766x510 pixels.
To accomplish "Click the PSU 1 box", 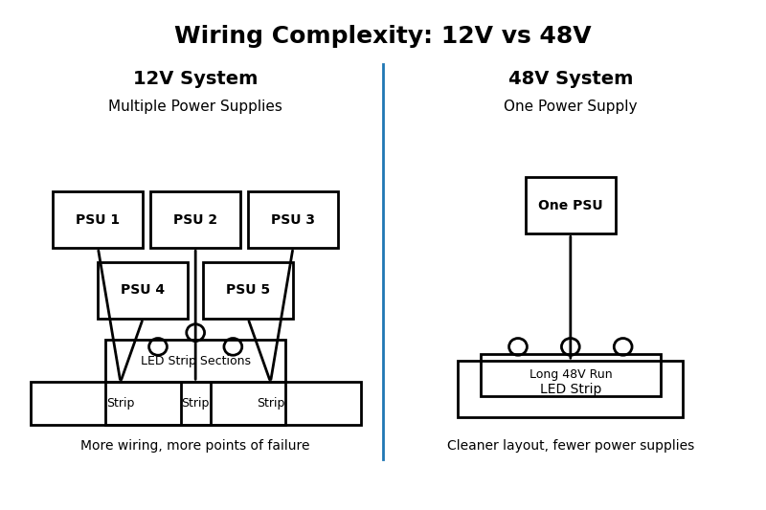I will click(98, 220).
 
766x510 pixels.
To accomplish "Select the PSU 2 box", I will click(195, 220).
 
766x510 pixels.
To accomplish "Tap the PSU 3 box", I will click(293, 220).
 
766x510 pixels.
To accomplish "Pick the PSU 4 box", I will click(143, 290).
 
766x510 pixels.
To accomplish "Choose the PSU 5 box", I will click(248, 290).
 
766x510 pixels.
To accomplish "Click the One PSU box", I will click(571, 206).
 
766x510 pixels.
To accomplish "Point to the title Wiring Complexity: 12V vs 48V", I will click(383, 36).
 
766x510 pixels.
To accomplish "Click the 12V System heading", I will click(195, 78).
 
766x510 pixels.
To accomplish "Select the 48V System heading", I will click(571, 78).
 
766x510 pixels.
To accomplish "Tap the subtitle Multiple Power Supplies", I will click(195, 106).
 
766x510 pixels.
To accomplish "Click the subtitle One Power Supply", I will click(571, 106).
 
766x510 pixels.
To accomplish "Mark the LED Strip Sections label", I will click(195, 361).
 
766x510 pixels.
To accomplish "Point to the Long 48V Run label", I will click(571, 374).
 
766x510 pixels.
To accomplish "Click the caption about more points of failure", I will click(195, 446).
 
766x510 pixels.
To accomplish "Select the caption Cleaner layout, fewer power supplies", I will click(571, 446).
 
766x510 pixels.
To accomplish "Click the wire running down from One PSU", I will click(571, 287).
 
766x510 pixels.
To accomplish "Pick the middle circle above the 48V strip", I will click(571, 346).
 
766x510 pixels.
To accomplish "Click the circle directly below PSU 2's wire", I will click(195, 332).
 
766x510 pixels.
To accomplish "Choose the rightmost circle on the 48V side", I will click(623, 346).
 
